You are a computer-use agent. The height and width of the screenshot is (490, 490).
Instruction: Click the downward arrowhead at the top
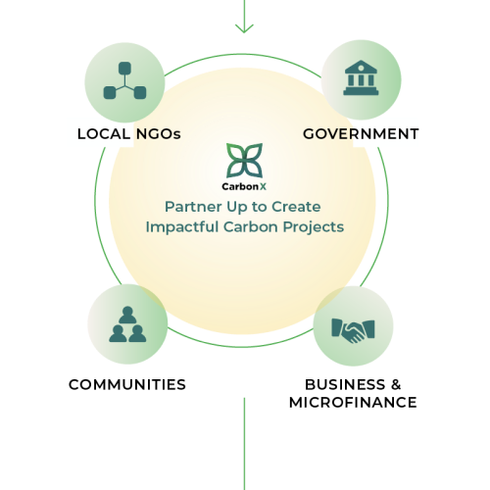pos(244,28)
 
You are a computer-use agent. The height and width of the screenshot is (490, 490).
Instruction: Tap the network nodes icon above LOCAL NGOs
pos(124,80)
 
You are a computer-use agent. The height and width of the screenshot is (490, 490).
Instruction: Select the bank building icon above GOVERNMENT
pos(361,77)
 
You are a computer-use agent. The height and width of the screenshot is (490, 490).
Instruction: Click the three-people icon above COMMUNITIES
pos(127,324)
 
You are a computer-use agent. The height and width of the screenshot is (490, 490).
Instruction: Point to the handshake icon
pos(353,330)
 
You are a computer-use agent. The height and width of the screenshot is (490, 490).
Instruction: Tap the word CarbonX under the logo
pos(244,186)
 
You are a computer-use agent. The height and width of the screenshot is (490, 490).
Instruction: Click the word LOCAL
pos(104,134)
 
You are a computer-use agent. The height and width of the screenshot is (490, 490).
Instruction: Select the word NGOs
pos(159,134)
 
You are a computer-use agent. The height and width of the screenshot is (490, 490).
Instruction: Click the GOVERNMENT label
pos(361,134)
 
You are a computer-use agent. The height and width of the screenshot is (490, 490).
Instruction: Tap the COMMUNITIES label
pos(127,384)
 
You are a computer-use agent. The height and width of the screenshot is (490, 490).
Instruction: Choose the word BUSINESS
pos(345,384)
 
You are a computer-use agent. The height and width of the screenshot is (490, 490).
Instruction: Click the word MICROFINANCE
pos(353,402)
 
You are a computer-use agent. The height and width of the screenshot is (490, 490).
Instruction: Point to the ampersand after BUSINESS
pos(396,384)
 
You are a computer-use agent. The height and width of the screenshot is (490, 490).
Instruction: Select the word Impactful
pos(182,226)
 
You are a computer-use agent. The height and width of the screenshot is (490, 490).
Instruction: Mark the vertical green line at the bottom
pos(244,444)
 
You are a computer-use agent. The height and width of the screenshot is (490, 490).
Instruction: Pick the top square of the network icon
pos(124,68)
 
